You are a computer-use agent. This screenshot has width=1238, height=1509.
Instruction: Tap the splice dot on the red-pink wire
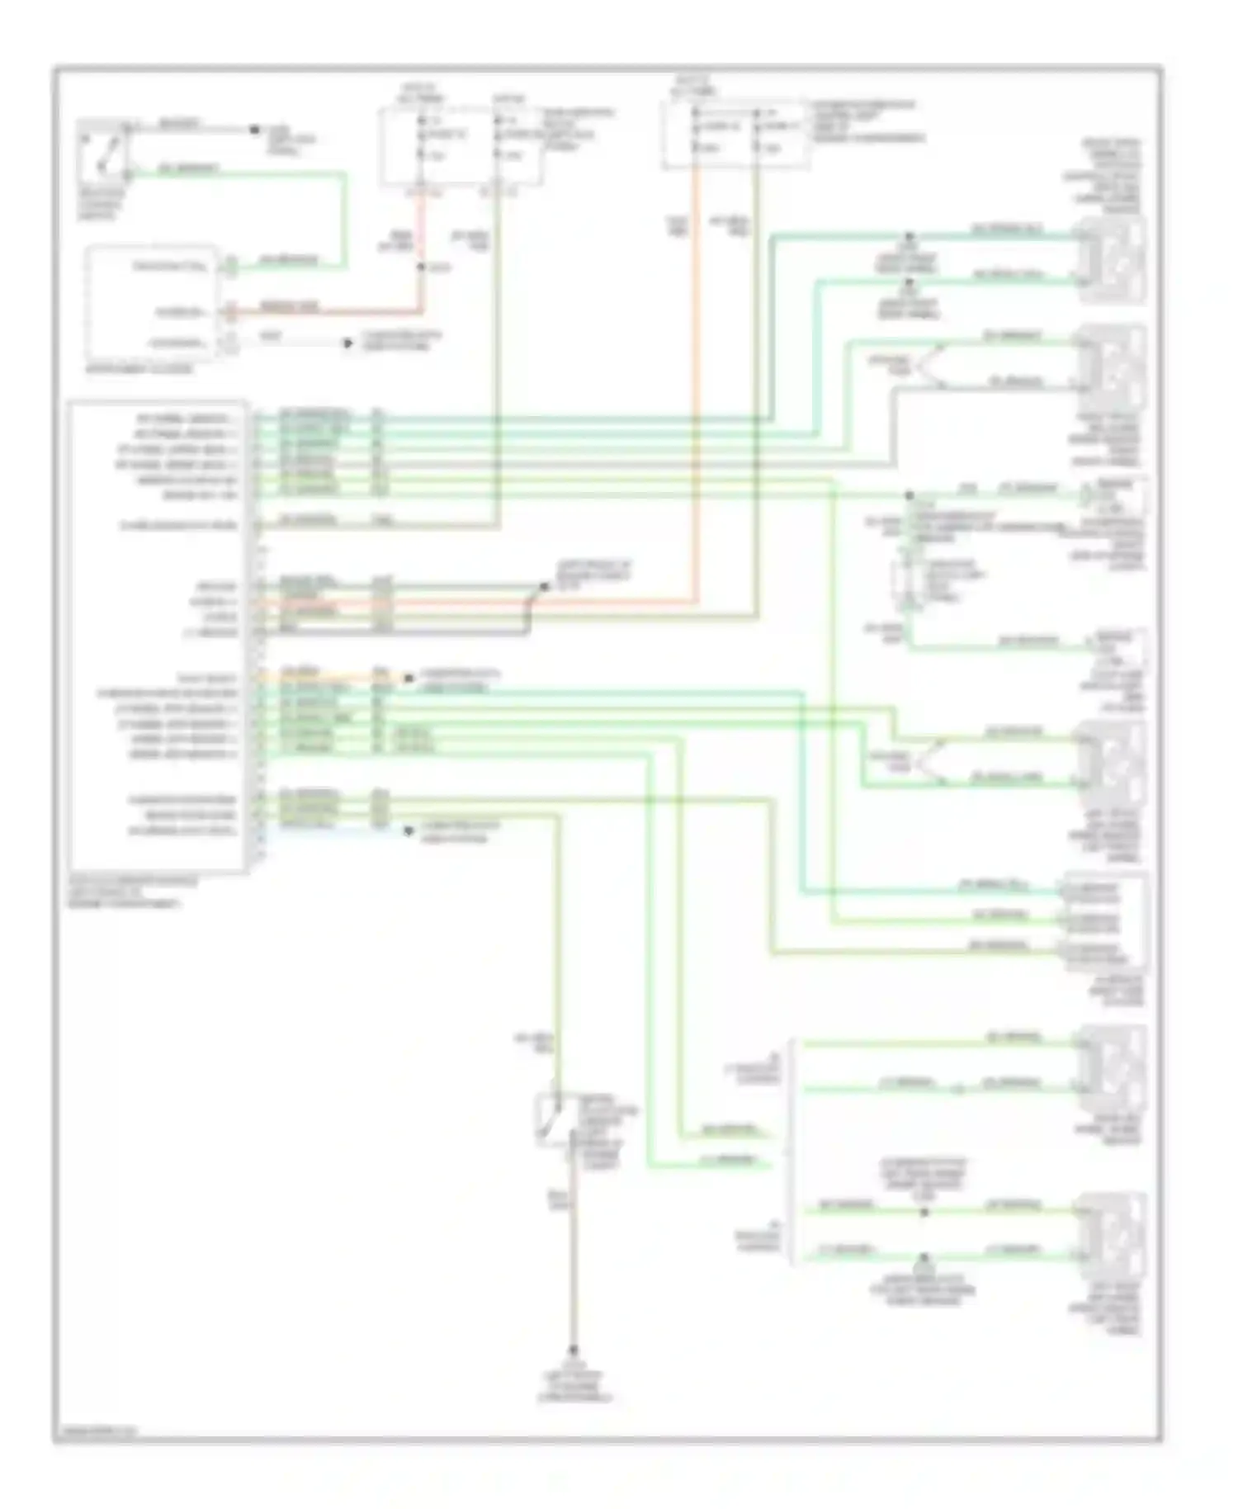[421, 267]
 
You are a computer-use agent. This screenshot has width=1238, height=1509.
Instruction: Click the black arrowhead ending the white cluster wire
[348, 343]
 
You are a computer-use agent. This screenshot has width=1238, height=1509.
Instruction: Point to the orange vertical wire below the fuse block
[696, 371]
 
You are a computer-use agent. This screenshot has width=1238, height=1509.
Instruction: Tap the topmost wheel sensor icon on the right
[1113, 259]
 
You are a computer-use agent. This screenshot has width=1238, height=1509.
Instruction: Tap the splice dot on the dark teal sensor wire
[909, 237]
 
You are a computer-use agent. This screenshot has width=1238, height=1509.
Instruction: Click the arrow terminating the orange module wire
[408, 679]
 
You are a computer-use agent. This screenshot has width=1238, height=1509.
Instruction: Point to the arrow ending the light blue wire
[408, 831]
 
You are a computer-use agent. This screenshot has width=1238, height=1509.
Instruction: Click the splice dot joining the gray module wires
[544, 586]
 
